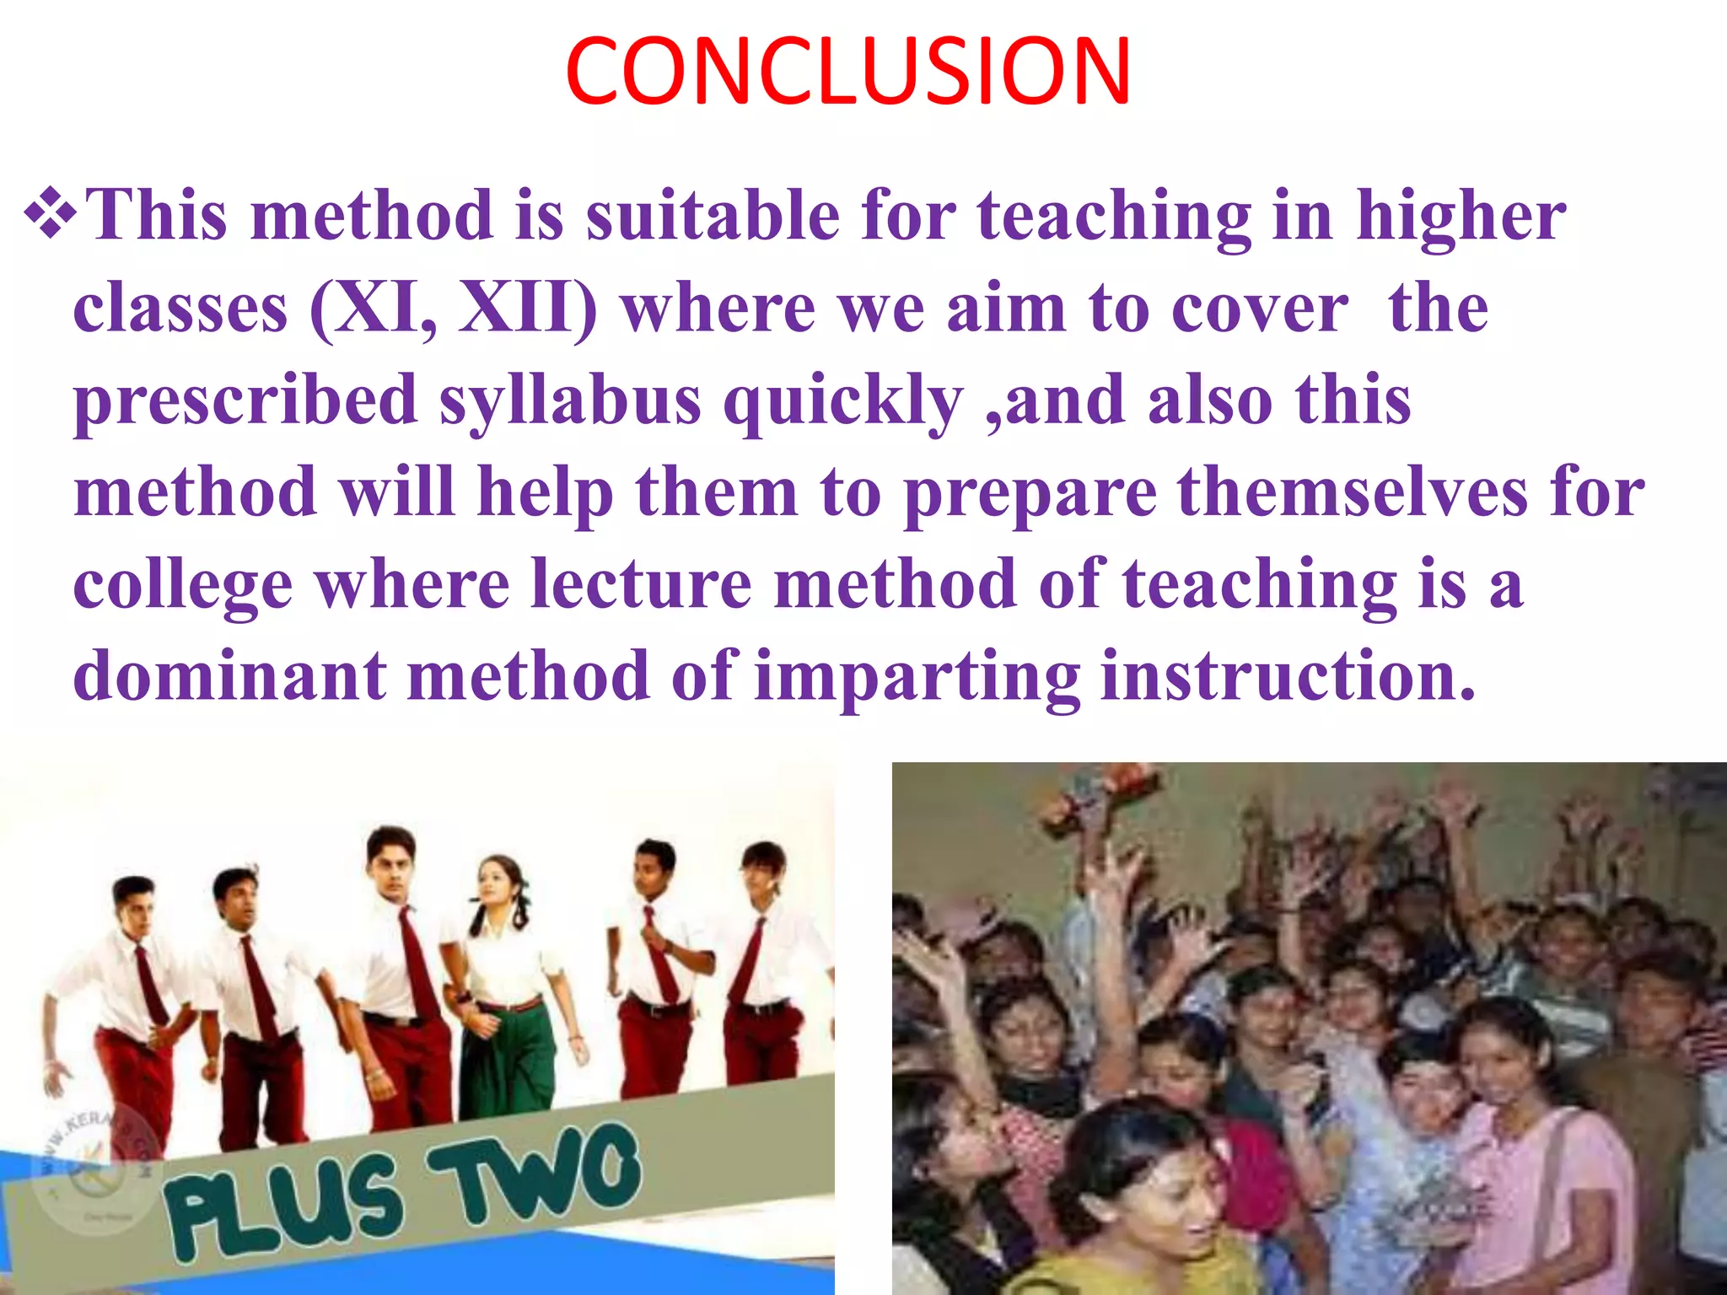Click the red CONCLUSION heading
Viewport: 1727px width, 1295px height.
coord(847,73)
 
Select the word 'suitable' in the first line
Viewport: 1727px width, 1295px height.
coord(713,215)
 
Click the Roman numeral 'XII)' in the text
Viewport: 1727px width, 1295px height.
coord(527,308)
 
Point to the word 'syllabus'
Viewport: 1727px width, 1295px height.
coord(570,401)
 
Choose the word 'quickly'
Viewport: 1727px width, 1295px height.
coord(842,401)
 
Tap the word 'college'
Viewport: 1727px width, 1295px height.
coord(183,586)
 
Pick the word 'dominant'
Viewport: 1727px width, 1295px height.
coord(229,676)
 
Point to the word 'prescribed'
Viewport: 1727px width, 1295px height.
coord(245,401)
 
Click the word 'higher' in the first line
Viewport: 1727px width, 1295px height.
coord(1461,215)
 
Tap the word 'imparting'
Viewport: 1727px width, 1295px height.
coord(917,678)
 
